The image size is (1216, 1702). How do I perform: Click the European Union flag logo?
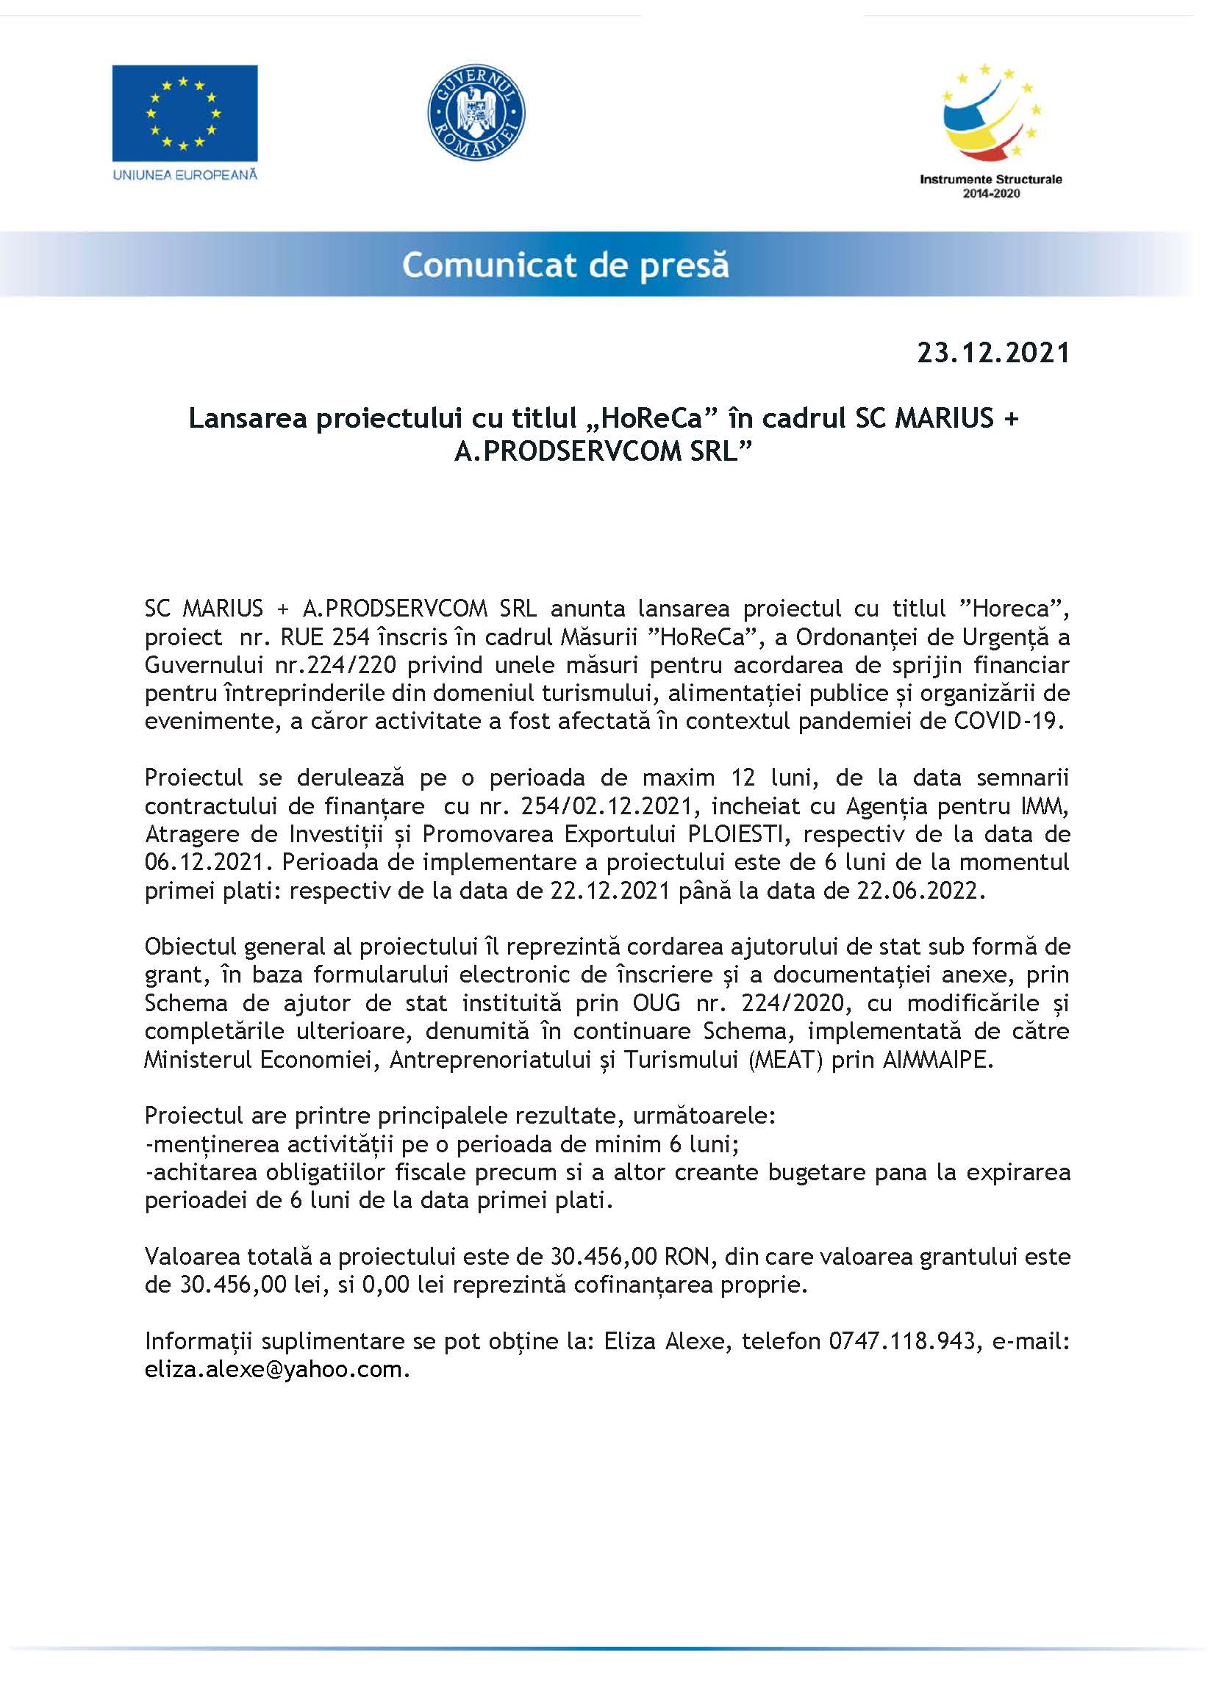tap(185, 113)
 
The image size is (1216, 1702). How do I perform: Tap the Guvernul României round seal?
tap(476, 112)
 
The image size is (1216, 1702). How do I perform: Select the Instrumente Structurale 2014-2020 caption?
tap(990, 186)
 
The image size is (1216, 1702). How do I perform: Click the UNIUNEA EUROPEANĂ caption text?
tap(185, 174)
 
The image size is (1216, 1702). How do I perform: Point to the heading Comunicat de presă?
tap(565, 265)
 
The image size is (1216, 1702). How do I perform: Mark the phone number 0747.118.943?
tap(902, 1341)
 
